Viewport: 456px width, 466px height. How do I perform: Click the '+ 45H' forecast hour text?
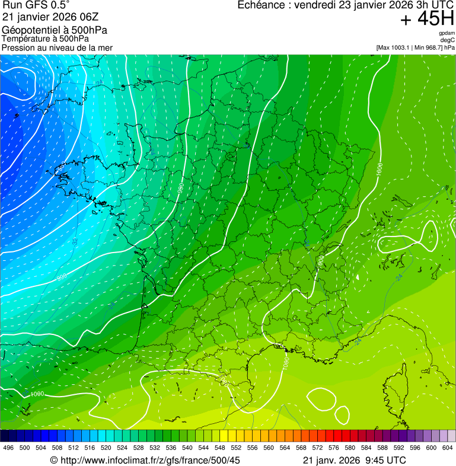(427, 20)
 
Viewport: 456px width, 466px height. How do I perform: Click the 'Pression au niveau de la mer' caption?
(57, 47)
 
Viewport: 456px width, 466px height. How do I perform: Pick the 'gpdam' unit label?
(447, 33)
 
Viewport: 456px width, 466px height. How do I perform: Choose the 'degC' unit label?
(448, 40)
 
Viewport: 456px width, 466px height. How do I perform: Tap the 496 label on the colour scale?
(8, 448)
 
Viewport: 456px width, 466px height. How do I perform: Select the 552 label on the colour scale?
(236, 448)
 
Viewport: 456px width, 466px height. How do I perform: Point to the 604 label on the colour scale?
(448, 448)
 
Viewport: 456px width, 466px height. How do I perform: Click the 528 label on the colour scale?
(139, 448)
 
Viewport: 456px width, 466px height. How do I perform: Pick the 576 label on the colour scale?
(334, 448)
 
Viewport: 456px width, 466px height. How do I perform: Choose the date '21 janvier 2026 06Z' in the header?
(50, 15)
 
